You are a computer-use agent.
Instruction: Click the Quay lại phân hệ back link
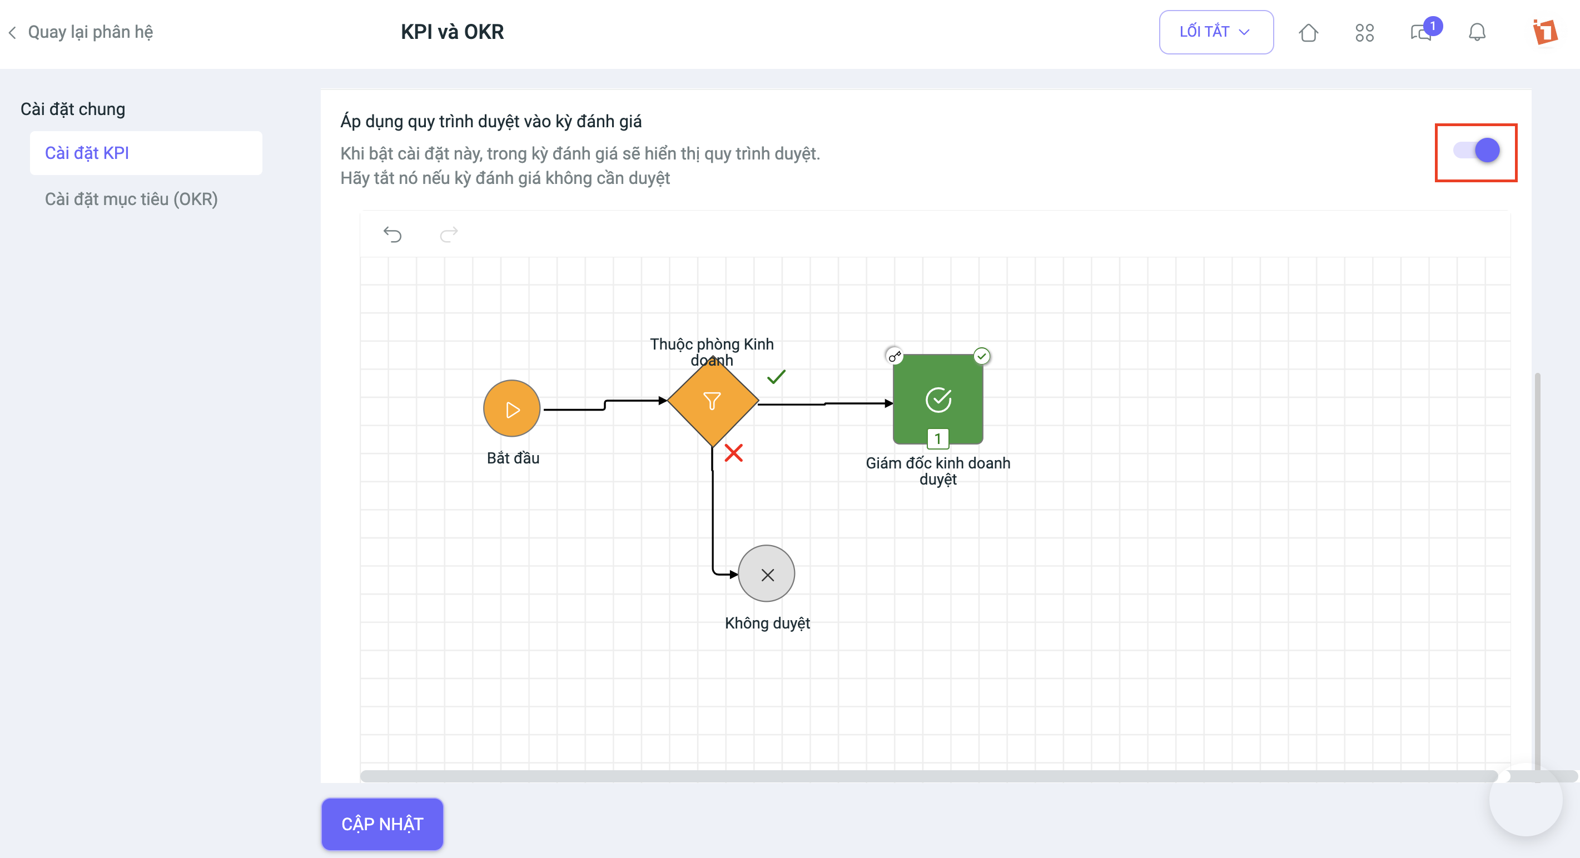tap(81, 32)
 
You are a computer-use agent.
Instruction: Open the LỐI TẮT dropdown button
tap(1216, 32)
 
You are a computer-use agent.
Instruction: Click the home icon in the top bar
tap(1308, 32)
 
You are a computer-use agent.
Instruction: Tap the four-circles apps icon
tap(1364, 32)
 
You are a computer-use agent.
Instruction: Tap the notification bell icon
tap(1477, 32)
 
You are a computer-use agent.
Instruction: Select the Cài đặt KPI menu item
tap(146, 153)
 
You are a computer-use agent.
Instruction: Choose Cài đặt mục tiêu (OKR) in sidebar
tap(131, 199)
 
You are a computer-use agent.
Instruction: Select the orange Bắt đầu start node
tap(512, 408)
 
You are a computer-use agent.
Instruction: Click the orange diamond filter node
tap(713, 401)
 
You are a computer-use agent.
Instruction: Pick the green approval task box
tap(938, 398)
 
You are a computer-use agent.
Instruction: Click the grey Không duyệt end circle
tap(767, 574)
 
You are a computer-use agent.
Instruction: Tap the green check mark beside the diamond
tap(777, 376)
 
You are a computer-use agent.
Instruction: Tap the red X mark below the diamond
tap(734, 453)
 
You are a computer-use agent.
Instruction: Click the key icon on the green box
tap(895, 356)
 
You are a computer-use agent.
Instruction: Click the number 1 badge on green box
tap(938, 438)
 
